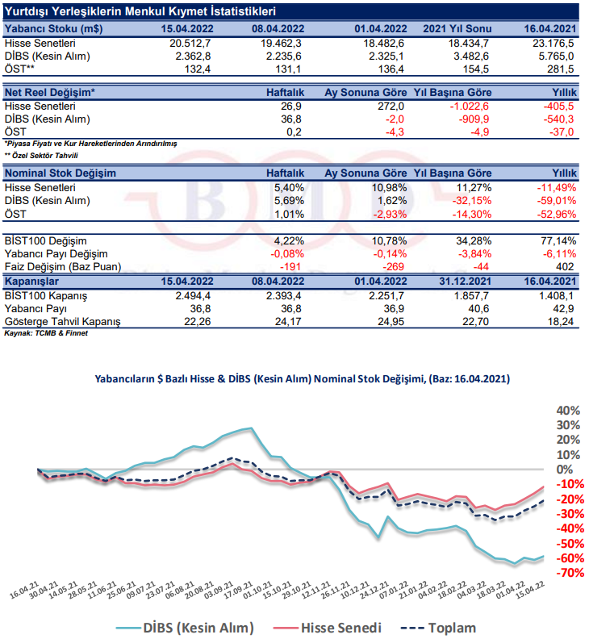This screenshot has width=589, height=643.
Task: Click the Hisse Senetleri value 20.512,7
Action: click(190, 43)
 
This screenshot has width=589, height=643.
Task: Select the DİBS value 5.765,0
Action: click(556, 56)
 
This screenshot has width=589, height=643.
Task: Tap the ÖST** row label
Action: click(19, 69)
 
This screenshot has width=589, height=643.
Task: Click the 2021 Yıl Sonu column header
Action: click(457, 29)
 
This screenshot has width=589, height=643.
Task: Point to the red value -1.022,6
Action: click(470, 106)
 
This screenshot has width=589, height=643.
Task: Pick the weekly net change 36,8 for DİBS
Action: click(291, 119)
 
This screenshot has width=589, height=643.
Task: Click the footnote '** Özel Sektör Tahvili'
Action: click(41, 156)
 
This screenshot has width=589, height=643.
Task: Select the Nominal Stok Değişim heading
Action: click(61, 173)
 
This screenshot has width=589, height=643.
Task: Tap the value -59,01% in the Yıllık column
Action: click(557, 201)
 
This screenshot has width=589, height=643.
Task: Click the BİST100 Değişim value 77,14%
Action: click(558, 240)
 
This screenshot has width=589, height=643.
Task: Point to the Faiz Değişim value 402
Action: click(565, 266)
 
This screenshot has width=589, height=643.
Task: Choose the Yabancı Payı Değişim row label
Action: click(56, 254)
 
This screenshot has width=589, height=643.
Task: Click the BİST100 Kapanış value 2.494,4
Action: click(193, 295)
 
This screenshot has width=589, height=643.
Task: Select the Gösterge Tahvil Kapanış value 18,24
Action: click(560, 321)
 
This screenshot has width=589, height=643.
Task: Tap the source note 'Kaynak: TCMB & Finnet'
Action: click(46, 333)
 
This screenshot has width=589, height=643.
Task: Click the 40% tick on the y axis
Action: click(568, 411)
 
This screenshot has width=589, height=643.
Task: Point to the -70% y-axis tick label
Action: click(570, 573)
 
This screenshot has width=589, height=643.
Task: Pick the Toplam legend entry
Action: click(438, 628)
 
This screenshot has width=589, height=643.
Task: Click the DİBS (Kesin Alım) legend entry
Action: click(185, 628)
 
